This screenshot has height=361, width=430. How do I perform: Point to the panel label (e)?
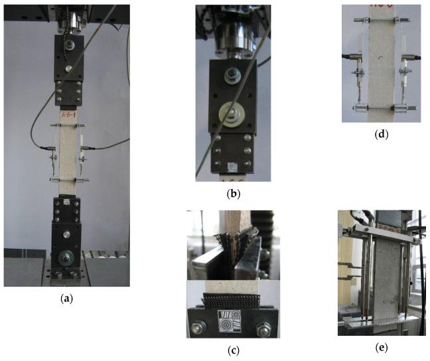(381, 347)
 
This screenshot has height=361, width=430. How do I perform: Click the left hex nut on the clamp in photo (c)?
(198, 326)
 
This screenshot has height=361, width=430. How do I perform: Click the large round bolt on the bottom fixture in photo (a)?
(66, 255)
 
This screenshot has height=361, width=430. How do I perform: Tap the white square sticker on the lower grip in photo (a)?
(66, 200)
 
